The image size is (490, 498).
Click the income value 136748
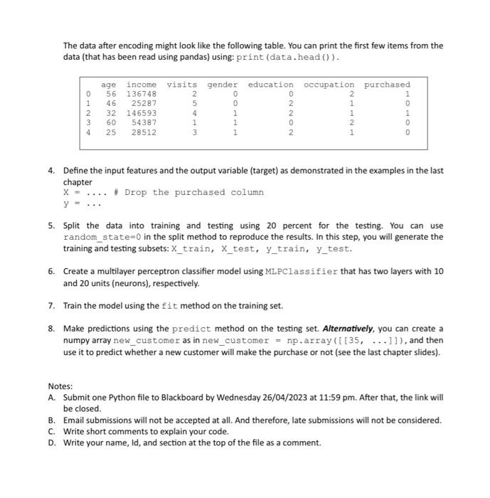click(142, 93)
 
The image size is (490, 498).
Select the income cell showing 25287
click(144, 102)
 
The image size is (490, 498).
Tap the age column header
click(109, 84)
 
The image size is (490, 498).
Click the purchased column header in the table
click(387, 84)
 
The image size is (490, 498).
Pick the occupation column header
click(329, 84)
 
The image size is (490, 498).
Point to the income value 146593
click(142, 112)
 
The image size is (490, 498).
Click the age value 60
click(111, 122)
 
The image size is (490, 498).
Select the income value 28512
click(144, 132)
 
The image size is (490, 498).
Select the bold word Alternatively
click(349, 329)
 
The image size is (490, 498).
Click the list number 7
click(51, 306)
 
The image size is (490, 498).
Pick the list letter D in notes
click(52, 443)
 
